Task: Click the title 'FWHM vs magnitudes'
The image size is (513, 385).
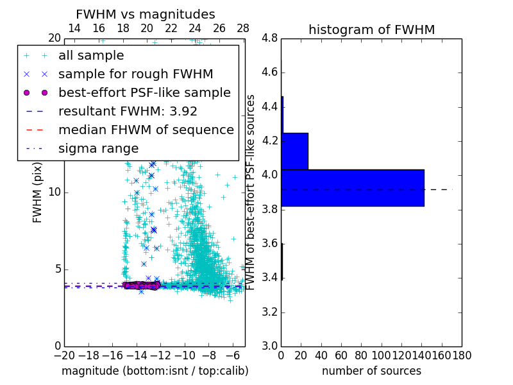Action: tap(146, 14)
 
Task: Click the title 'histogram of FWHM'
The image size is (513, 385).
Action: tap(371, 30)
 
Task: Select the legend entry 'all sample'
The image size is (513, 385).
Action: tap(91, 56)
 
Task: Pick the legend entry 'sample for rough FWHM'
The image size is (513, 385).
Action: tap(135, 74)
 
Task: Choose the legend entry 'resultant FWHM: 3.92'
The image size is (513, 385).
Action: tap(128, 111)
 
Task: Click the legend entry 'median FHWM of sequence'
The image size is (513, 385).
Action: tap(146, 130)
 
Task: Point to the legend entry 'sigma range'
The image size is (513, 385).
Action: tap(98, 148)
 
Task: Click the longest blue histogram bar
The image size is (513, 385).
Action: tap(352, 187)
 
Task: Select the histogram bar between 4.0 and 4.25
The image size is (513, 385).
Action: tap(294, 151)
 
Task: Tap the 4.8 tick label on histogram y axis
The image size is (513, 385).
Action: tap(269, 38)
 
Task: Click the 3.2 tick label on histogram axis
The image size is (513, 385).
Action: tap(269, 312)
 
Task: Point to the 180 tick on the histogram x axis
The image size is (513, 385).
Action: tap(461, 355)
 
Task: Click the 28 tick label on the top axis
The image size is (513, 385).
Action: tap(243, 28)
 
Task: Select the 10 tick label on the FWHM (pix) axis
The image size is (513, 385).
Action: tap(54, 193)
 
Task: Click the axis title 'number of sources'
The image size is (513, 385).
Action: tap(371, 371)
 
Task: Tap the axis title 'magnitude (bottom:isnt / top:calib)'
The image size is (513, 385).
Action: tap(155, 371)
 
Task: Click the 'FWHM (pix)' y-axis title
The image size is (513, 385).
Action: tap(38, 193)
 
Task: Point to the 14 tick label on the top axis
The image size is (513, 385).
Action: tap(74, 28)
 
